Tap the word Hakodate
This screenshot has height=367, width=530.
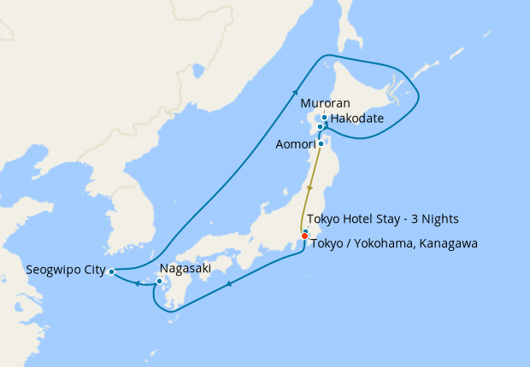[356, 118]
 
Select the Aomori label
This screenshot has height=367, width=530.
[295, 144]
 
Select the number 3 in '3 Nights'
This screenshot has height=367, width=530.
[409, 218]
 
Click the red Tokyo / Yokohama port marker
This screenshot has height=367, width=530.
[304, 236]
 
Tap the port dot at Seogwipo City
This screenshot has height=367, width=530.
[112, 272]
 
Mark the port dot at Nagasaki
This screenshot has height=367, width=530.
[159, 281]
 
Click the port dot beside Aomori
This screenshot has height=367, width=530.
[320, 143]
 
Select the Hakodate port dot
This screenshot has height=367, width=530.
[321, 127]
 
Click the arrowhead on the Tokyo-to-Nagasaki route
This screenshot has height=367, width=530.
[229, 285]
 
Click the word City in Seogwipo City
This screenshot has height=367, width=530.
[93, 271]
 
